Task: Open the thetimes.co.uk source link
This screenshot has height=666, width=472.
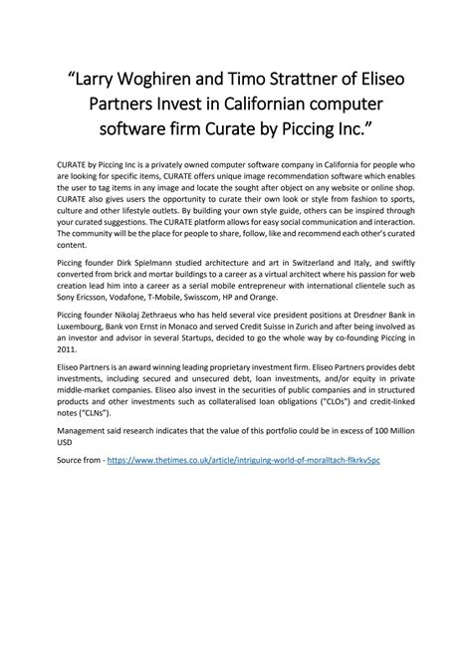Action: [250, 575]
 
